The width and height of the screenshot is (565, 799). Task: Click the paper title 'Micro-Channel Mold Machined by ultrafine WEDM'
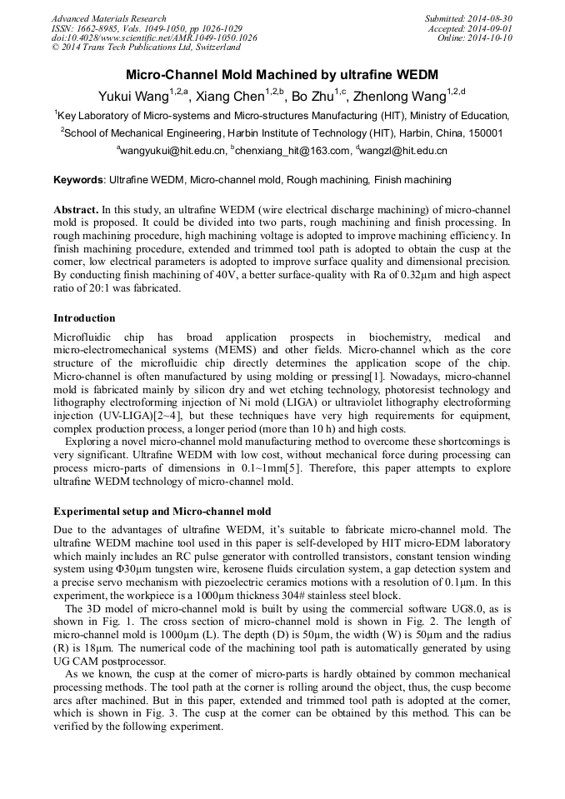pos(282,75)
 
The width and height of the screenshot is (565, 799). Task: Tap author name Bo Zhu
pos(312,94)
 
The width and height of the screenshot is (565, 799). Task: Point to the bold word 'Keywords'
pos(78,179)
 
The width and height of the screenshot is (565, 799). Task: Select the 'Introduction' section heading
pos(84,318)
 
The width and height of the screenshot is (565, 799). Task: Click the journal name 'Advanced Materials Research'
pos(108,18)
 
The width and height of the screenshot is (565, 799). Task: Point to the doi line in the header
pos(154,38)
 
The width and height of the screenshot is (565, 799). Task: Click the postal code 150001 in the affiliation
pos(483,132)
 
